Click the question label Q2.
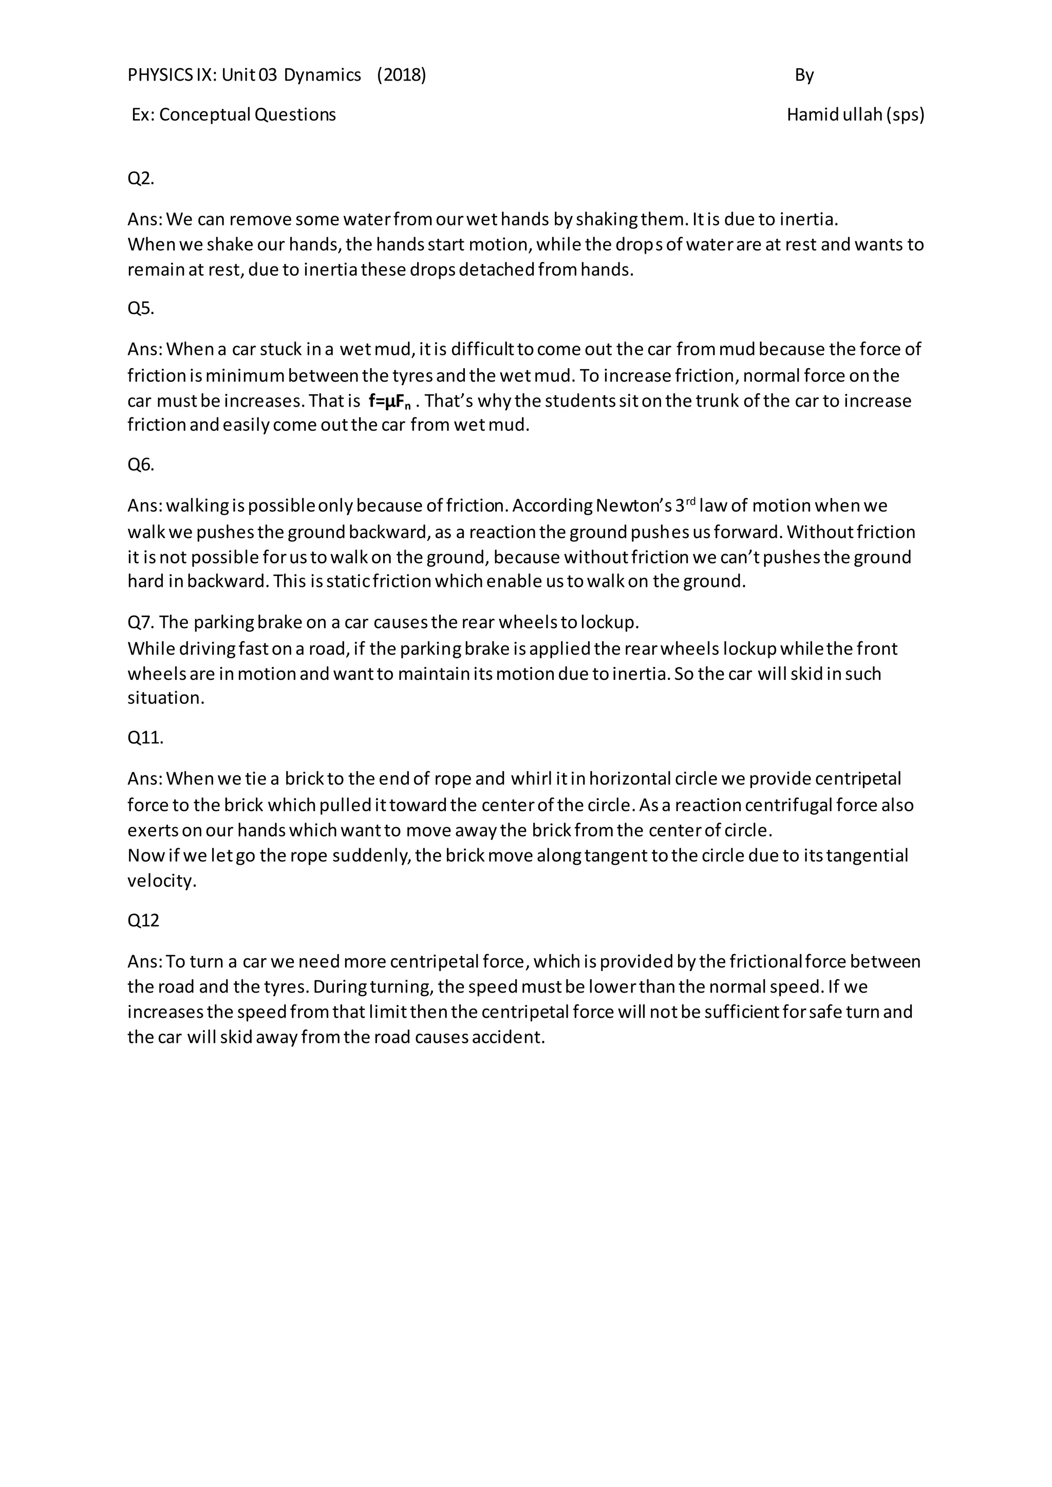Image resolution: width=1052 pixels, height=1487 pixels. coord(141,178)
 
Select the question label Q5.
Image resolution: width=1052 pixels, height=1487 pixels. coord(141,308)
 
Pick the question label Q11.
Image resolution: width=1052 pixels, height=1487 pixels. coord(145,738)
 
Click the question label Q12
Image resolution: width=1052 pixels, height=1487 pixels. coord(143,920)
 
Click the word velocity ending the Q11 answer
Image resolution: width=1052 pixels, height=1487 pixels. coord(161,881)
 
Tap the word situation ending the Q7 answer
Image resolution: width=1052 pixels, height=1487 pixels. coord(166,698)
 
